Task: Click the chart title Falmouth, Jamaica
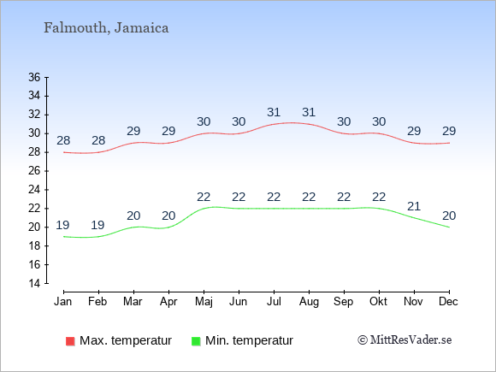point(106,27)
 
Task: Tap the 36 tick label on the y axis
point(34,77)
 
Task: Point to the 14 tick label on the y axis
point(34,283)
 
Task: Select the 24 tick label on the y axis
point(34,190)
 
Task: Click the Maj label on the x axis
point(204,302)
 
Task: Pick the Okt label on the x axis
point(378,302)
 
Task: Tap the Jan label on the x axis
point(63,302)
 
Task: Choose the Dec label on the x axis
point(449,302)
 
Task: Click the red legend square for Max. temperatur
point(70,341)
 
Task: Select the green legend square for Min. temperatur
point(196,341)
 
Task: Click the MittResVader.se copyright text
point(404,340)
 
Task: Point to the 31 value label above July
point(274,112)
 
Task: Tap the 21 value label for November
point(414,207)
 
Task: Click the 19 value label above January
point(62,225)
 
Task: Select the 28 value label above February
point(98,140)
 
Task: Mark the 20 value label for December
point(449,216)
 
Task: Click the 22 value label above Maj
point(204,197)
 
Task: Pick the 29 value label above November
point(414,131)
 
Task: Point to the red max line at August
point(309,124)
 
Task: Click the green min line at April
point(168,227)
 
